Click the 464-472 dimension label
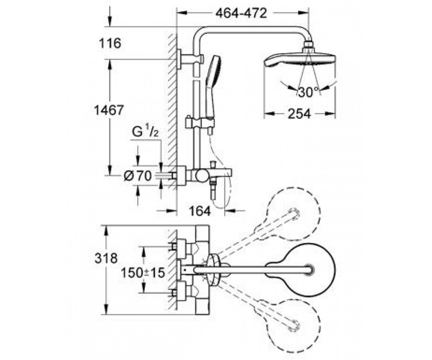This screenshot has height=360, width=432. pos(241,14)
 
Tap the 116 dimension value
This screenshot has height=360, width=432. pos(110,44)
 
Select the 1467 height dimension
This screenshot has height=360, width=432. pos(109,110)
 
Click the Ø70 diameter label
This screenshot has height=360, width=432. pos(138,176)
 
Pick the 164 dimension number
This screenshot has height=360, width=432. pos(200,211)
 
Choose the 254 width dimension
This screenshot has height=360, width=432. pos(300,114)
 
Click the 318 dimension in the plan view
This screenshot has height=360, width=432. pos(106,258)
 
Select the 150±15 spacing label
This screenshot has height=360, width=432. pos(143,273)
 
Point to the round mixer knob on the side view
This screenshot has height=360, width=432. pos(202,176)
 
